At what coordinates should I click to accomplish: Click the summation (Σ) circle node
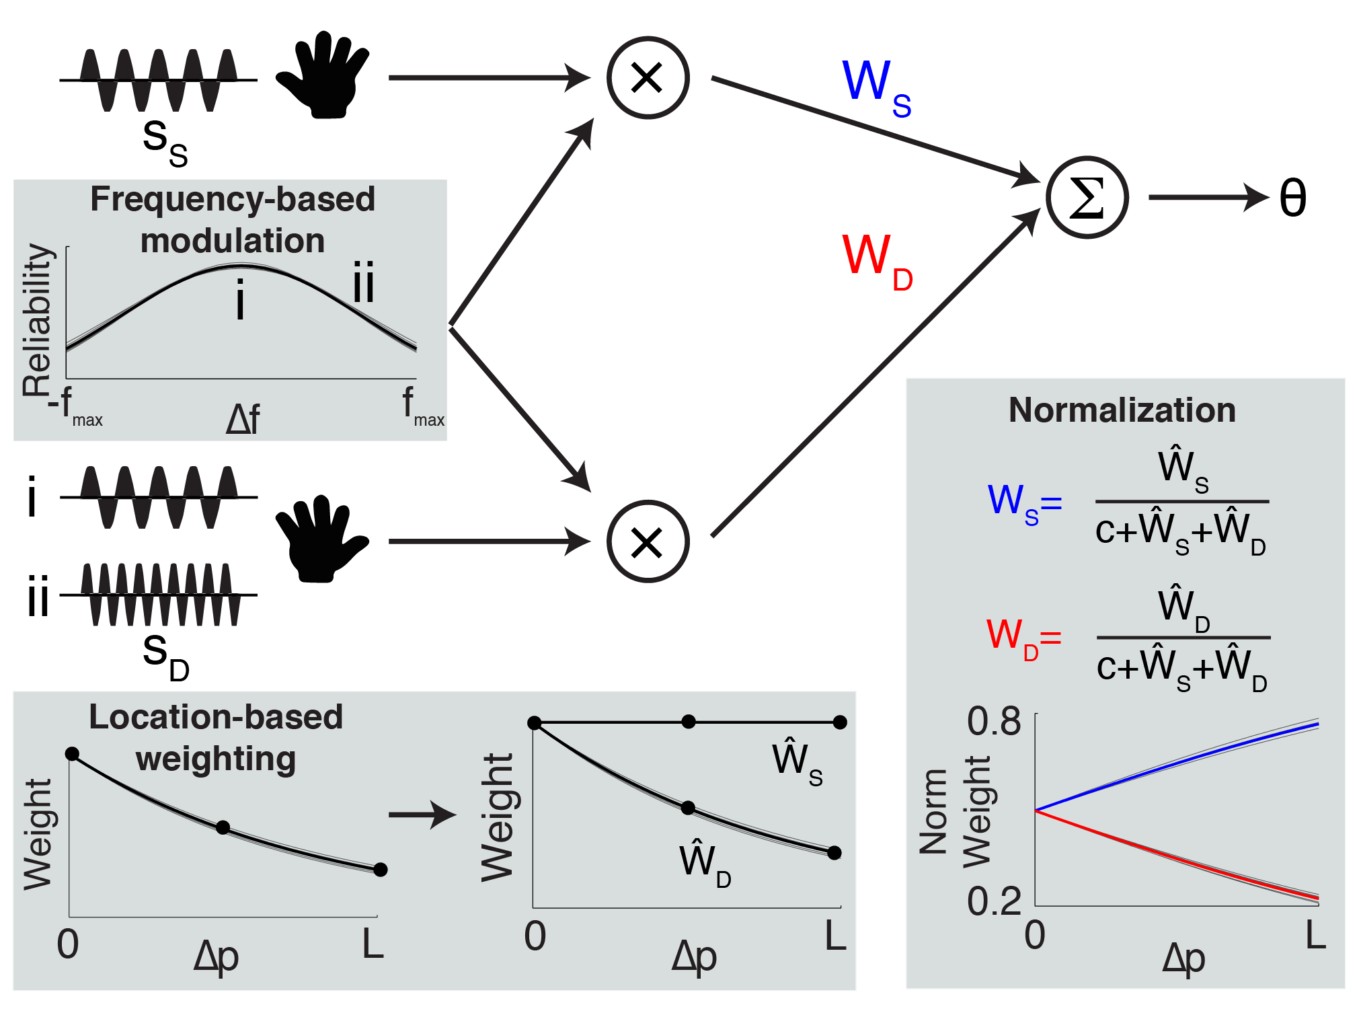pos(1087,198)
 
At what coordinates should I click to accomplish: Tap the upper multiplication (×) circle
pos(648,78)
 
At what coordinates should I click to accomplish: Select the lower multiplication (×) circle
pos(648,541)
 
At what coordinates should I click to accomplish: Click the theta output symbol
pos(1292,198)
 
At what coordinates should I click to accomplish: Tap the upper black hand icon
pos(323,75)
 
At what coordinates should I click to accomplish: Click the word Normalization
pos(1122,410)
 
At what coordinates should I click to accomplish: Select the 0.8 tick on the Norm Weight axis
pos(994,721)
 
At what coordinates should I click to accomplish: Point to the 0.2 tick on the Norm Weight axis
pos(994,901)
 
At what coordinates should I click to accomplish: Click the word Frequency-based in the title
pos(233,199)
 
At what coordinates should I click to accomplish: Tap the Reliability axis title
pos(37,320)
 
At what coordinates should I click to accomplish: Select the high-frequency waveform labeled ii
pos(160,595)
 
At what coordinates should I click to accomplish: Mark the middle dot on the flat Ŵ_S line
pos(689,722)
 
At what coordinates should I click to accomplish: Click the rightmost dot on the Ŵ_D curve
pos(834,853)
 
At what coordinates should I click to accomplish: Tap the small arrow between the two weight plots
pos(422,815)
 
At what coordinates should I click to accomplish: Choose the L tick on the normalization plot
pos(1315,935)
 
